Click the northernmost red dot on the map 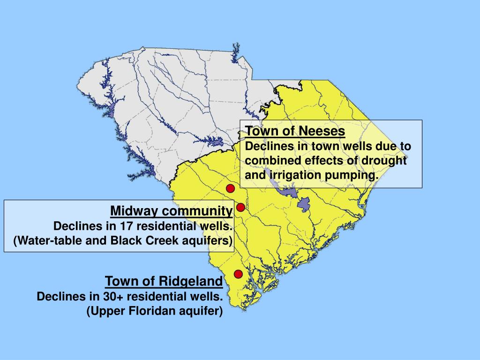pyautogui.click(x=230, y=188)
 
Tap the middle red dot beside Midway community pyautogui.click(x=240, y=207)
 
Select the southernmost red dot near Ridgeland pyautogui.click(x=238, y=274)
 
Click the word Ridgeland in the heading pyautogui.click(x=190, y=281)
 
